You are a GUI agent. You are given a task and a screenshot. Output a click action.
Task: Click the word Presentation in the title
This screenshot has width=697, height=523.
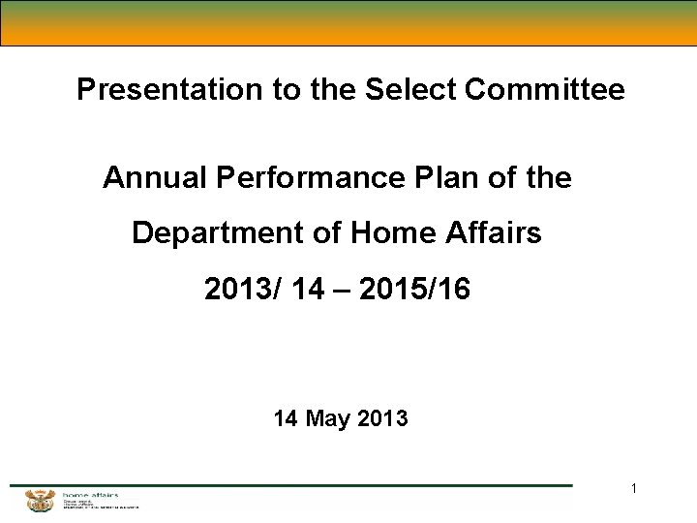(x=155, y=90)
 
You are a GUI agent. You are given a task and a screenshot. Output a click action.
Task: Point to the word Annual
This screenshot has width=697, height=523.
(x=155, y=178)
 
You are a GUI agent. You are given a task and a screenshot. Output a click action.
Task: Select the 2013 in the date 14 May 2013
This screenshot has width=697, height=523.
(x=382, y=419)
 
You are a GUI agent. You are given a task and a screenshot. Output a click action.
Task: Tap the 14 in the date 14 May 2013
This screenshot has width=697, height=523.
(x=286, y=419)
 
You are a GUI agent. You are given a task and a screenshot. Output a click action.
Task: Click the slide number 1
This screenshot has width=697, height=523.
(x=634, y=489)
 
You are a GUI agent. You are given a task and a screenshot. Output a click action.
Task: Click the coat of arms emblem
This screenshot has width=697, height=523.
(x=41, y=501)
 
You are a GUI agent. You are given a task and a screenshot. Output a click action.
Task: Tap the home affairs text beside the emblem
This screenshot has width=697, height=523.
(x=90, y=495)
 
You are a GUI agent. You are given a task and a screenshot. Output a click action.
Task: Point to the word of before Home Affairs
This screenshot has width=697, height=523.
(x=316, y=233)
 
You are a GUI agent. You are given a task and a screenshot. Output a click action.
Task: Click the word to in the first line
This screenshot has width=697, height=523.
(x=288, y=90)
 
